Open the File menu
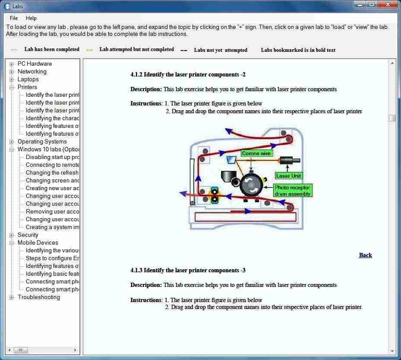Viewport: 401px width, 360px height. click(x=14, y=18)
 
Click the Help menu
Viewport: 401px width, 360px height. click(x=31, y=18)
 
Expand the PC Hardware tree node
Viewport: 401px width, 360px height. click(x=12, y=64)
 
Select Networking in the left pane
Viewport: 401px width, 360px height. click(x=32, y=72)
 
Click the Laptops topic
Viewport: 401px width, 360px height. click(x=28, y=80)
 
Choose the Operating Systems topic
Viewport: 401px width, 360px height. click(x=42, y=142)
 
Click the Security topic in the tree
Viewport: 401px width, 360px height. click(x=28, y=235)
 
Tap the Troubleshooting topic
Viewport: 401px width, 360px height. click(x=38, y=297)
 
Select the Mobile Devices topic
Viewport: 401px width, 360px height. click(x=38, y=243)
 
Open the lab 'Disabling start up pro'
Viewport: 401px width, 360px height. click(x=52, y=157)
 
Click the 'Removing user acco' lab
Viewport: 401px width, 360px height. click(x=52, y=212)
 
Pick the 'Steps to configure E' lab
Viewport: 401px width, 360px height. click(x=52, y=258)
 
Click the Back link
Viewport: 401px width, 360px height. click(x=365, y=255)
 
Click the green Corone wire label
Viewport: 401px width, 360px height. click(x=256, y=153)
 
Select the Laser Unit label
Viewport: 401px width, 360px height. click(x=289, y=176)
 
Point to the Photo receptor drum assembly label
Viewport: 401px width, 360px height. click(x=292, y=191)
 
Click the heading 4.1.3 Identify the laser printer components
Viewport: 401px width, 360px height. click(x=188, y=271)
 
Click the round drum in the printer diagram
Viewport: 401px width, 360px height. click(x=251, y=185)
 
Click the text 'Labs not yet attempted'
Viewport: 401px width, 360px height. click(x=221, y=50)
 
